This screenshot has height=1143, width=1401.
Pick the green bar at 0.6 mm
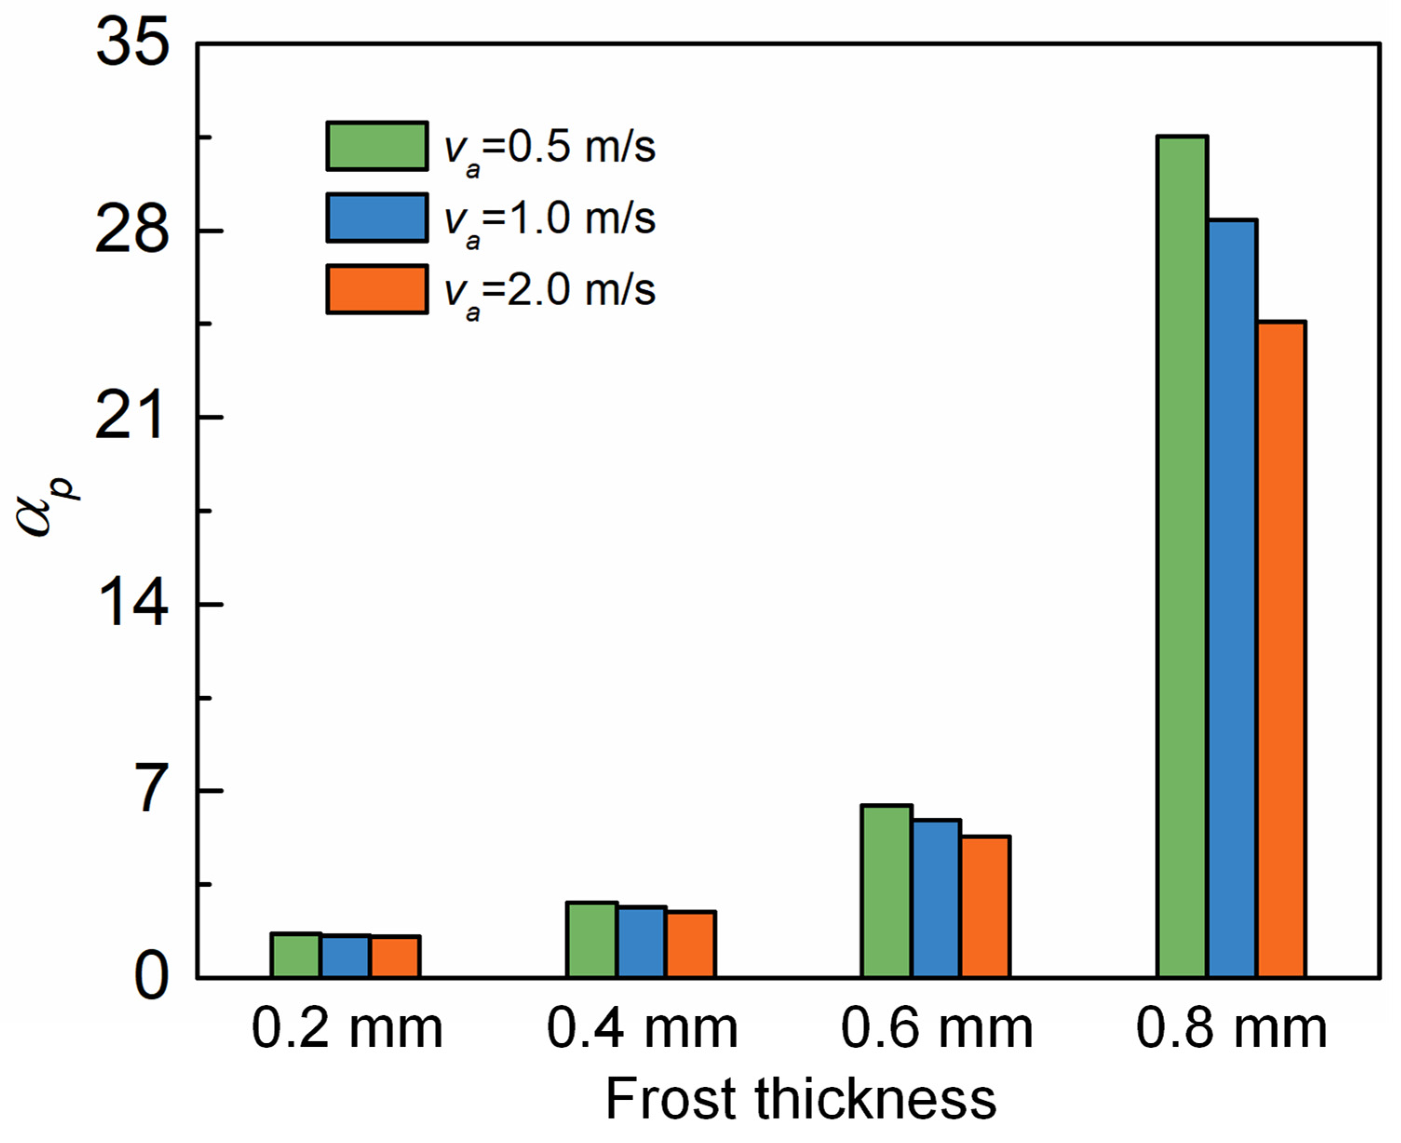pyautogui.click(x=887, y=891)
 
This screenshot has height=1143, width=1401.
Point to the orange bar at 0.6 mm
pyautogui.click(x=985, y=907)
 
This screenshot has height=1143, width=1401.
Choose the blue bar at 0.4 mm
pyautogui.click(x=641, y=942)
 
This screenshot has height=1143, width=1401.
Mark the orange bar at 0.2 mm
pyautogui.click(x=395, y=956)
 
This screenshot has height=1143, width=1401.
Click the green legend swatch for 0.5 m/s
pyautogui.click(x=377, y=146)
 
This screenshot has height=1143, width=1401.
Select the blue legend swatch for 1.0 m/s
pyautogui.click(x=377, y=218)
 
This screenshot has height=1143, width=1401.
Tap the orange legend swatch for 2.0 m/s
pyautogui.click(x=377, y=290)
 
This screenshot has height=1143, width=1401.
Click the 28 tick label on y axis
pyautogui.click(x=132, y=231)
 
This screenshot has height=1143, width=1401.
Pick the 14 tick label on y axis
pyautogui.click(x=132, y=604)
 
